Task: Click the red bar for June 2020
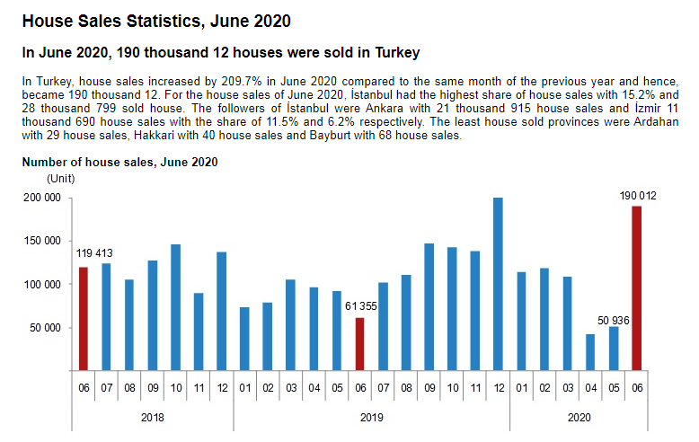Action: [x=636, y=287]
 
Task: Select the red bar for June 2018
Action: [x=84, y=319]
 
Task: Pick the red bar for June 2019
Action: [x=359, y=344]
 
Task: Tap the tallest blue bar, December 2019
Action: [x=498, y=284]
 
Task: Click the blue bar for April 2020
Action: [x=590, y=352]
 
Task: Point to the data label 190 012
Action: [x=637, y=195]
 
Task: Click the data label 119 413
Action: [x=94, y=254]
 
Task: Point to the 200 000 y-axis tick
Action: [x=40, y=199]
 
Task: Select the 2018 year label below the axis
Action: [x=153, y=417]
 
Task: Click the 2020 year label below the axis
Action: [x=579, y=417]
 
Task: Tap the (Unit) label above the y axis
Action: [x=60, y=178]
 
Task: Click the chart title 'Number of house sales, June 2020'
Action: [x=119, y=163]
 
